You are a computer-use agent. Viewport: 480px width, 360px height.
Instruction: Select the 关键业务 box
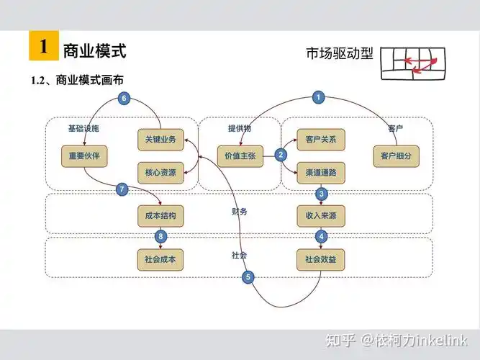[x=160, y=139]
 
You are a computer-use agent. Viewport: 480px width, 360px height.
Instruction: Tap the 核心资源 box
[x=160, y=172]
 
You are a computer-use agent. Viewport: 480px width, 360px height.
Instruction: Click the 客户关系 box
[x=320, y=139]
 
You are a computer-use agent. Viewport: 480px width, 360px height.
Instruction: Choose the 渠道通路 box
[x=320, y=172]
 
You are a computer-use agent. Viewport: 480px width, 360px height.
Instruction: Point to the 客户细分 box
[x=396, y=155]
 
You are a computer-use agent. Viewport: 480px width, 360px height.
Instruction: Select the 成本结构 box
[x=160, y=215]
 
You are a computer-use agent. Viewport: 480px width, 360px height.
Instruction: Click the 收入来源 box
[x=320, y=215]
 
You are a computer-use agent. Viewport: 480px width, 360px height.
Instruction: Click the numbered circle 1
[x=320, y=97]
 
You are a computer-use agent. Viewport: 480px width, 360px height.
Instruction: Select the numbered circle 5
[x=248, y=277]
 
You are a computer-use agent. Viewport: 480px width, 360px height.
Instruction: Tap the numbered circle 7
[x=122, y=189]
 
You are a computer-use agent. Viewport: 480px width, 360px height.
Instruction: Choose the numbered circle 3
[x=322, y=194]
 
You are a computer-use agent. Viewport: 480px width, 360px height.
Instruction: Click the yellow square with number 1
[x=43, y=47]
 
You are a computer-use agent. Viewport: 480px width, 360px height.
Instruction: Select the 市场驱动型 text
[x=339, y=53]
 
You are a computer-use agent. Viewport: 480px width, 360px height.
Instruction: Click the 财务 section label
[x=240, y=212]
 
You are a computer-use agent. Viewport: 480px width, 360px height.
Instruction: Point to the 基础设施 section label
[x=83, y=128]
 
